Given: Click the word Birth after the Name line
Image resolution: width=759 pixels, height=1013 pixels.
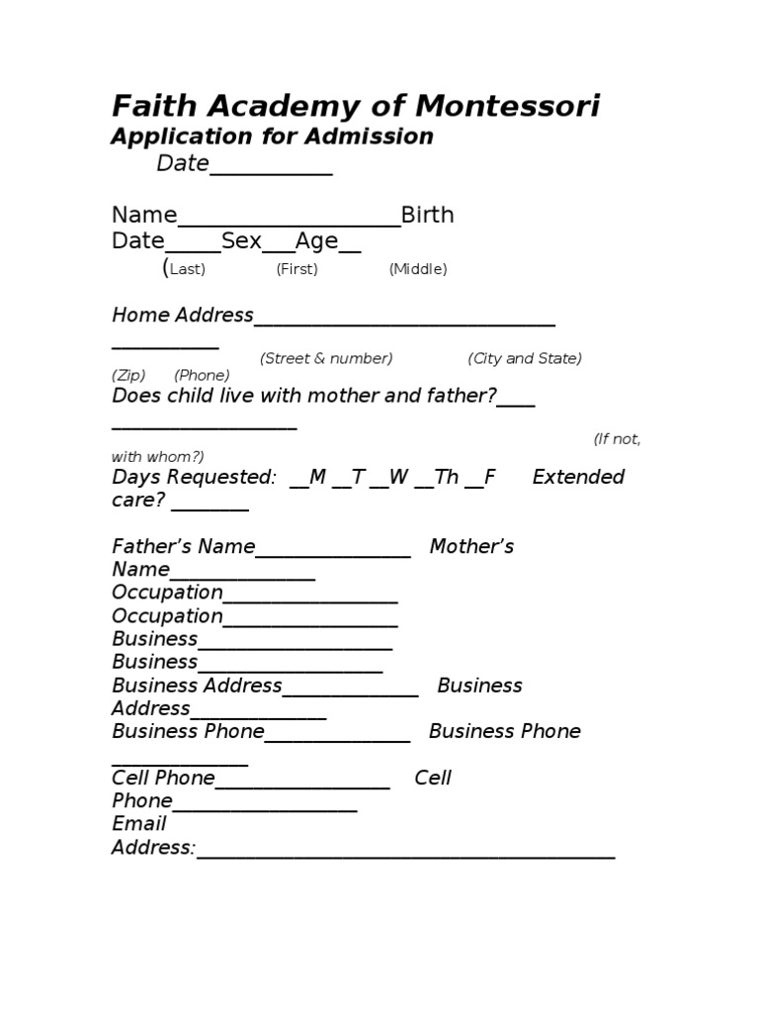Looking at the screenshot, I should click(x=427, y=216).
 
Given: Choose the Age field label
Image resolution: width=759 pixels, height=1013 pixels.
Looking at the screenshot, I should click(x=316, y=240).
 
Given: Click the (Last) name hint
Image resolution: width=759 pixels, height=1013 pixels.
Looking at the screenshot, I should click(x=186, y=269).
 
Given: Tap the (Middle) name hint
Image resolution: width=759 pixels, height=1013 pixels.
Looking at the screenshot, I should click(x=418, y=269).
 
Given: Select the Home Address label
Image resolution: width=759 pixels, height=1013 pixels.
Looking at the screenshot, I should click(x=183, y=316).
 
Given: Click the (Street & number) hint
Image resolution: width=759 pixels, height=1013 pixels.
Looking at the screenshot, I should click(x=326, y=358).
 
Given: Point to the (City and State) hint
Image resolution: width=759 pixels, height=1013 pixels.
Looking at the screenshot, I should click(x=525, y=358).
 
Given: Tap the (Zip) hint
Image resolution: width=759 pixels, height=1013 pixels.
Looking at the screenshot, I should click(x=128, y=375).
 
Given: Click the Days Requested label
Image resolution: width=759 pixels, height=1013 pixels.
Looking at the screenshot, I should click(x=194, y=478).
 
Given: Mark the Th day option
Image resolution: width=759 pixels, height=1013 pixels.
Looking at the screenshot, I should click(x=446, y=478).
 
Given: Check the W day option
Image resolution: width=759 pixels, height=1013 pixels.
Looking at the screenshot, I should click(x=398, y=478).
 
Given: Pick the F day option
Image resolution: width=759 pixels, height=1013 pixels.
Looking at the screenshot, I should click(x=489, y=478).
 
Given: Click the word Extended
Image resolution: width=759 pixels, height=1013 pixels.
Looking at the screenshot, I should click(x=578, y=478).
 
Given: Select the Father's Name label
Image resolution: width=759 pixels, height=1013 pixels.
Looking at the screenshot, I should click(x=183, y=547).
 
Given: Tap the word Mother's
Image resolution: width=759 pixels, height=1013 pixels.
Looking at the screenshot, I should click(x=471, y=547).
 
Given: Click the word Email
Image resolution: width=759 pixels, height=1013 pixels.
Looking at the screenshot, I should click(x=139, y=824).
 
